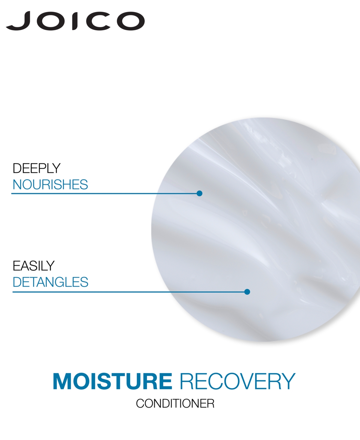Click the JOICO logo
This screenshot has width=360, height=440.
pyautogui.click(x=75, y=21)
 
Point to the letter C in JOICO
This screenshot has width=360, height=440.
pyautogui.click(x=98, y=21)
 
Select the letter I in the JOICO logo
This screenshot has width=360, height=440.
pyautogui.click(x=75, y=21)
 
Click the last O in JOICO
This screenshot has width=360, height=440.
pyautogui.click(x=130, y=21)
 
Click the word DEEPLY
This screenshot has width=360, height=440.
pyautogui.click(x=37, y=168)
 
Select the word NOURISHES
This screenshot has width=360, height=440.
pyautogui.click(x=50, y=185)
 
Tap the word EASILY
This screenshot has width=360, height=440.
pyautogui.click(x=34, y=266)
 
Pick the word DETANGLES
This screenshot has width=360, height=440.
pyautogui.click(x=50, y=282)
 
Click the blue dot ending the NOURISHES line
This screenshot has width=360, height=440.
pyautogui.click(x=199, y=193)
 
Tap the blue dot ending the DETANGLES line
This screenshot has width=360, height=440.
pyautogui.click(x=247, y=292)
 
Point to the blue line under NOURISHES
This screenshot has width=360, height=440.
pyautogui.click(x=104, y=194)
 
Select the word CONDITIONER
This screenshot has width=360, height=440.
pyautogui.click(x=175, y=409)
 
